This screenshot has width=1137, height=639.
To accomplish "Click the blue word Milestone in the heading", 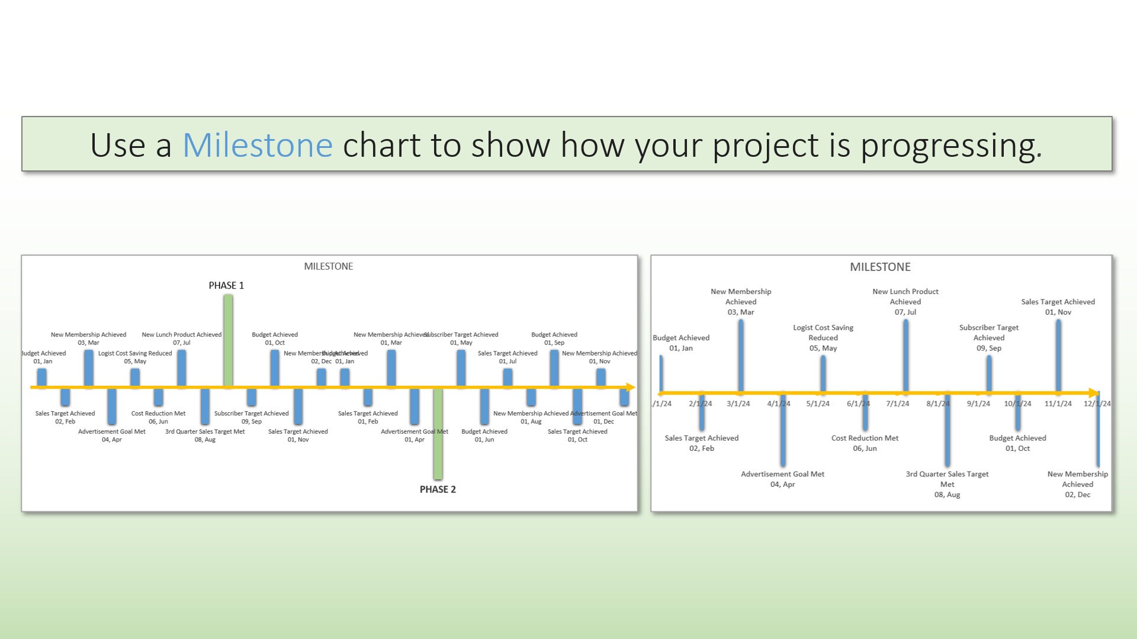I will tap(258, 145).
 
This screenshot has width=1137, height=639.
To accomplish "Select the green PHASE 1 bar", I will tap(228, 340).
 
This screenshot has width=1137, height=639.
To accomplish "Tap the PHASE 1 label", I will tap(226, 285).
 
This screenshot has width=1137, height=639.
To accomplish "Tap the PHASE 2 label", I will tap(438, 489).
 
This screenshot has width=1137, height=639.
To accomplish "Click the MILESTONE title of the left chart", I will tap(328, 266).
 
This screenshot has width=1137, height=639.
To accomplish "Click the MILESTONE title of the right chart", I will tap(880, 267).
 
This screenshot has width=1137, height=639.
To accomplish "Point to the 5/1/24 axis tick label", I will tap(818, 404).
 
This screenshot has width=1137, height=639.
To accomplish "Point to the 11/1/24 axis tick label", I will tap(1058, 404).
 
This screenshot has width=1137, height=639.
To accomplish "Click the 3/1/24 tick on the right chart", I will tap(738, 404).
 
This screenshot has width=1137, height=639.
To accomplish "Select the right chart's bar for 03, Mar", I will tap(741, 355).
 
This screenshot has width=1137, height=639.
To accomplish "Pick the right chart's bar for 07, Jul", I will tap(905, 355).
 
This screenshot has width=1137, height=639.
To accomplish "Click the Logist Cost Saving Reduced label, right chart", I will tap(823, 337).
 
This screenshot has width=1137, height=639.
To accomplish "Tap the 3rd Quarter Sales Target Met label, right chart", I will tap(947, 484).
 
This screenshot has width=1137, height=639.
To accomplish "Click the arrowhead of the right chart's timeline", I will tap(1094, 393).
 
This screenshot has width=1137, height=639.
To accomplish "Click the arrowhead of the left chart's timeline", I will tap(631, 388).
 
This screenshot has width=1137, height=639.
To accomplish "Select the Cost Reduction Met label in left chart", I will tap(158, 417).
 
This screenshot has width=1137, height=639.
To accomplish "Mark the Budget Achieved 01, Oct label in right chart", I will tap(1017, 443).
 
